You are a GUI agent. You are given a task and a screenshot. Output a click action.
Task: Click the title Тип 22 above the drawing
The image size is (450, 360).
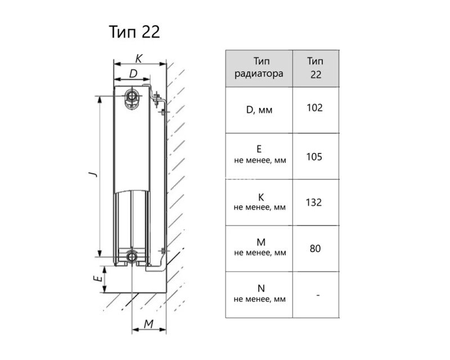coord(134,32)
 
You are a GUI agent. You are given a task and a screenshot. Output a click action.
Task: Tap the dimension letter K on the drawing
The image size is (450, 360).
coord(138,59)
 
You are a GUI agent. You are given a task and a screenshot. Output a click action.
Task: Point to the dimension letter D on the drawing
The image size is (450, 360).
coord(133,74)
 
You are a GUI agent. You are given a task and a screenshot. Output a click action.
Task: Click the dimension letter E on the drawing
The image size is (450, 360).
coord(98,278)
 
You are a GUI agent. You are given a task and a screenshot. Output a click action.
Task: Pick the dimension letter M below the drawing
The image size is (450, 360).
coord(148,324)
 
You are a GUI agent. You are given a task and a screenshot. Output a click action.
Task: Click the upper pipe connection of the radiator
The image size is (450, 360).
coord(132,96)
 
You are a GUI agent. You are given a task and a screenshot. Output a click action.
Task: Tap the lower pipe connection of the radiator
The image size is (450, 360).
coord(132,256)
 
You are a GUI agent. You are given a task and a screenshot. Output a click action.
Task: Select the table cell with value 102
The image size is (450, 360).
coord(316,110)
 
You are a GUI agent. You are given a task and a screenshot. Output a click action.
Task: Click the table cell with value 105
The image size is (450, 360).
coord(316,156)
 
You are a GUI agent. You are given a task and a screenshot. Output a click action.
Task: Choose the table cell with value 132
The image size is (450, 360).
coord(316,202)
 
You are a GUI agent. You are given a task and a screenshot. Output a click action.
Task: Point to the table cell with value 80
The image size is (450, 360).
coord(316,249)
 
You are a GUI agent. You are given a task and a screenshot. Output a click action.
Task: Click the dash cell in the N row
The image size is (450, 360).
coord(316,295)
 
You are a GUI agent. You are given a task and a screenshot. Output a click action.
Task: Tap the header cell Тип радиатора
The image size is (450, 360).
coord(259,69)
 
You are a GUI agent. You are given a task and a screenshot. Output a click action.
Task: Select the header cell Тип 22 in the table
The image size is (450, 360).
coord(316,69)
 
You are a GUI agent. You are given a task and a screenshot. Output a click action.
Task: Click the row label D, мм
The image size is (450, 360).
coord(259,110)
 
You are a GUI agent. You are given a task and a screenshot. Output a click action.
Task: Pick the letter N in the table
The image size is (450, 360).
coord(261,288)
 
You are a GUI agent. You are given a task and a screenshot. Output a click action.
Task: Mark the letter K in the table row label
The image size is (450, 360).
coord(261,197)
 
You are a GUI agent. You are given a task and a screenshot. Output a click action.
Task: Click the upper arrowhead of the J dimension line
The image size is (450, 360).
coord(100,100)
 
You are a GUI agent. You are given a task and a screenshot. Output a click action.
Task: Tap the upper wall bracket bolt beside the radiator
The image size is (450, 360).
coord(157,100)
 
